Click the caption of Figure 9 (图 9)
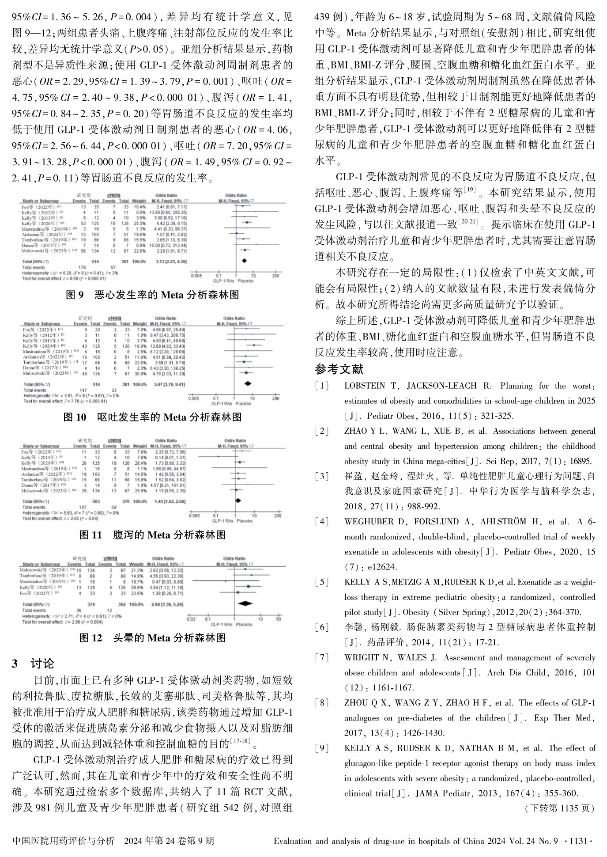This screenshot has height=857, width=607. click(x=152, y=295)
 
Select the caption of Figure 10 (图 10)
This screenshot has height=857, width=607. click(x=152, y=417)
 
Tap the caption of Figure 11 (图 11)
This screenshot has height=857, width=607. click(x=152, y=535)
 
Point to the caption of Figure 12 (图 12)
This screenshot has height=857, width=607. click(x=152, y=638)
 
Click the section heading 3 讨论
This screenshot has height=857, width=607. click(x=33, y=663)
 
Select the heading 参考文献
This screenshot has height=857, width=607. click(x=339, y=369)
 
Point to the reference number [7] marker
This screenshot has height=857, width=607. click(x=322, y=658)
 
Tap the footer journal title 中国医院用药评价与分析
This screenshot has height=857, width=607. click(x=64, y=841)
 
